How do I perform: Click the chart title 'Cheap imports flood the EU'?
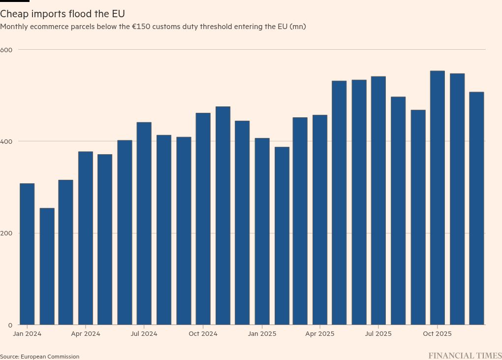63,14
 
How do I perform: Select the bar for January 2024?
27,254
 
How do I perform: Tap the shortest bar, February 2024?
47,266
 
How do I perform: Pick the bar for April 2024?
86,238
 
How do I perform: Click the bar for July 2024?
144,223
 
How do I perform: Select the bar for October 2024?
203,219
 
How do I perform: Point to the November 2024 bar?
222,215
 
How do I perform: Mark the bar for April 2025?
320,220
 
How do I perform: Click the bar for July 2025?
378,200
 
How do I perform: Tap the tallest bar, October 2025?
437,197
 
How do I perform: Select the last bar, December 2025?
476,208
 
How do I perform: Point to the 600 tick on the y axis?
6,50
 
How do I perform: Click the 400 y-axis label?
6,141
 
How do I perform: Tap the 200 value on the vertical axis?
6,233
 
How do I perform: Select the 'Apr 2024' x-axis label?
86,334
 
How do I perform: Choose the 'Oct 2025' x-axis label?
437,334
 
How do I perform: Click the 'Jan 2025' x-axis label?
262,334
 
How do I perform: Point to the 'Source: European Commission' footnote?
39,357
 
